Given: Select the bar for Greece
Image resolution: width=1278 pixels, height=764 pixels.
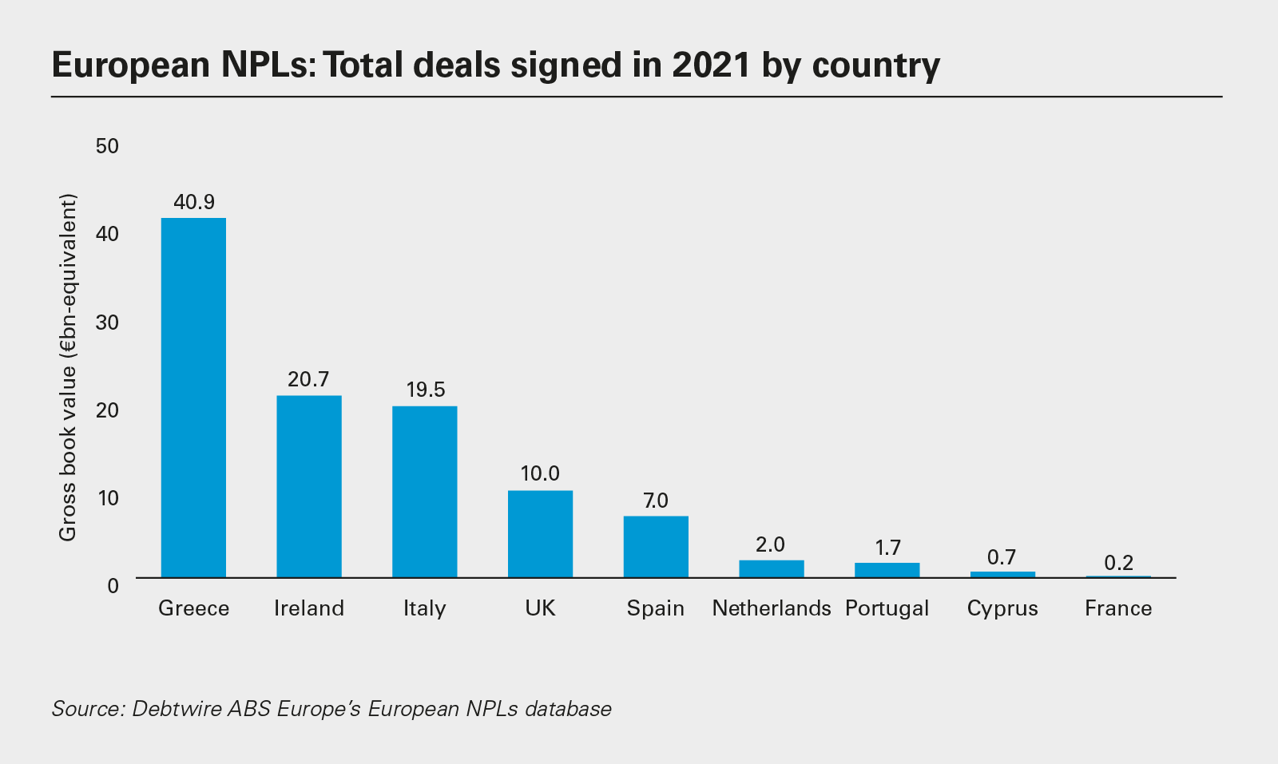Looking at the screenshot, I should click(x=193, y=397).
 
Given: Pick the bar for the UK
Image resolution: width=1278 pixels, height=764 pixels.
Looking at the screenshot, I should click(x=540, y=533).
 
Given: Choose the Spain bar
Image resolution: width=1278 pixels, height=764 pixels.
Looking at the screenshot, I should click(x=656, y=546).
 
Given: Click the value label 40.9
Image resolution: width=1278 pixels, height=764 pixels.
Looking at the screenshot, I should click(x=194, y=202).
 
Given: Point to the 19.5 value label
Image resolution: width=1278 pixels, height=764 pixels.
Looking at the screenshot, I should click(x=425, y=390).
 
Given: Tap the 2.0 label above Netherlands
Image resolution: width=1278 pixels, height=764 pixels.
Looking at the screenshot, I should click(x=771, y=544).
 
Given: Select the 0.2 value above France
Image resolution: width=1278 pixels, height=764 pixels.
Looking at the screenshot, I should click(x=1118, y=563).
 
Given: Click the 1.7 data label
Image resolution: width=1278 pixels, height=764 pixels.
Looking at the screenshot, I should click(x=887, y=548).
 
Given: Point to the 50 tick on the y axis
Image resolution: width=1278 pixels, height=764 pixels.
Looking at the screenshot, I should click(x=106, y=146).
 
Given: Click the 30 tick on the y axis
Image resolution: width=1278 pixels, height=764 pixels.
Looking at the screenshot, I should click(x=106, y=322).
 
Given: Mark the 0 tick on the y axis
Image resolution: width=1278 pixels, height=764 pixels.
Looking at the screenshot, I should click(x=113, y=585).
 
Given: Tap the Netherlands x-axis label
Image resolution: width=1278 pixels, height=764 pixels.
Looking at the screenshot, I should click(x=772, y=608).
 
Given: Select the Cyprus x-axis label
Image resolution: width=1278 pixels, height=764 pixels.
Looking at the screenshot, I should click(x=1002, y=608).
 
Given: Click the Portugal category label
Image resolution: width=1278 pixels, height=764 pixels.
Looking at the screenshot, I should click(x=887, y=608).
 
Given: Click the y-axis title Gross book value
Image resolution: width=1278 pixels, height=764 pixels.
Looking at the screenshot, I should click(x=68, y=367).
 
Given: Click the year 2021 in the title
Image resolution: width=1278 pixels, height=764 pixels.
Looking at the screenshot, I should click(x=711, y=65).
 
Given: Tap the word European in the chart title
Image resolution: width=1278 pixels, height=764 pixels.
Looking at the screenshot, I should click(x=130, y=65).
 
